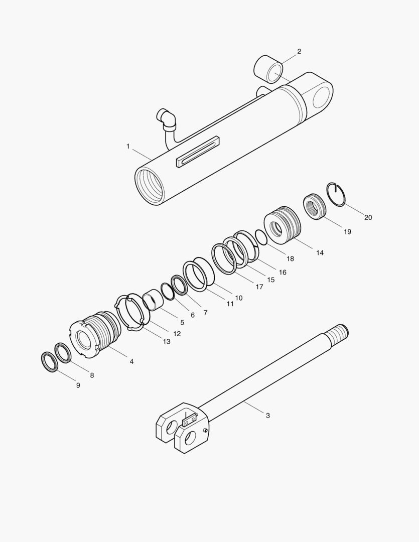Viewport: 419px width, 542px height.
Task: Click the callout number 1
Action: (x=128, y=146)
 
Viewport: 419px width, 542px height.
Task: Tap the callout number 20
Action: (x=368, y=217)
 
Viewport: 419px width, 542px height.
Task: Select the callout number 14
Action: (x=320, y=252)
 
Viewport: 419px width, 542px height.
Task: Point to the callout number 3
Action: (x=267, y=416)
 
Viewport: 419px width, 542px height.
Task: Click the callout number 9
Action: (x=78, y=385)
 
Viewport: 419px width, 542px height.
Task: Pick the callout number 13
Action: (x=166, y=341)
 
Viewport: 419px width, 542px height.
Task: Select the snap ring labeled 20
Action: (x=336, y=194)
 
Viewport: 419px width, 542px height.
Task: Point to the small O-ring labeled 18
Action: (x=261, y=236)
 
